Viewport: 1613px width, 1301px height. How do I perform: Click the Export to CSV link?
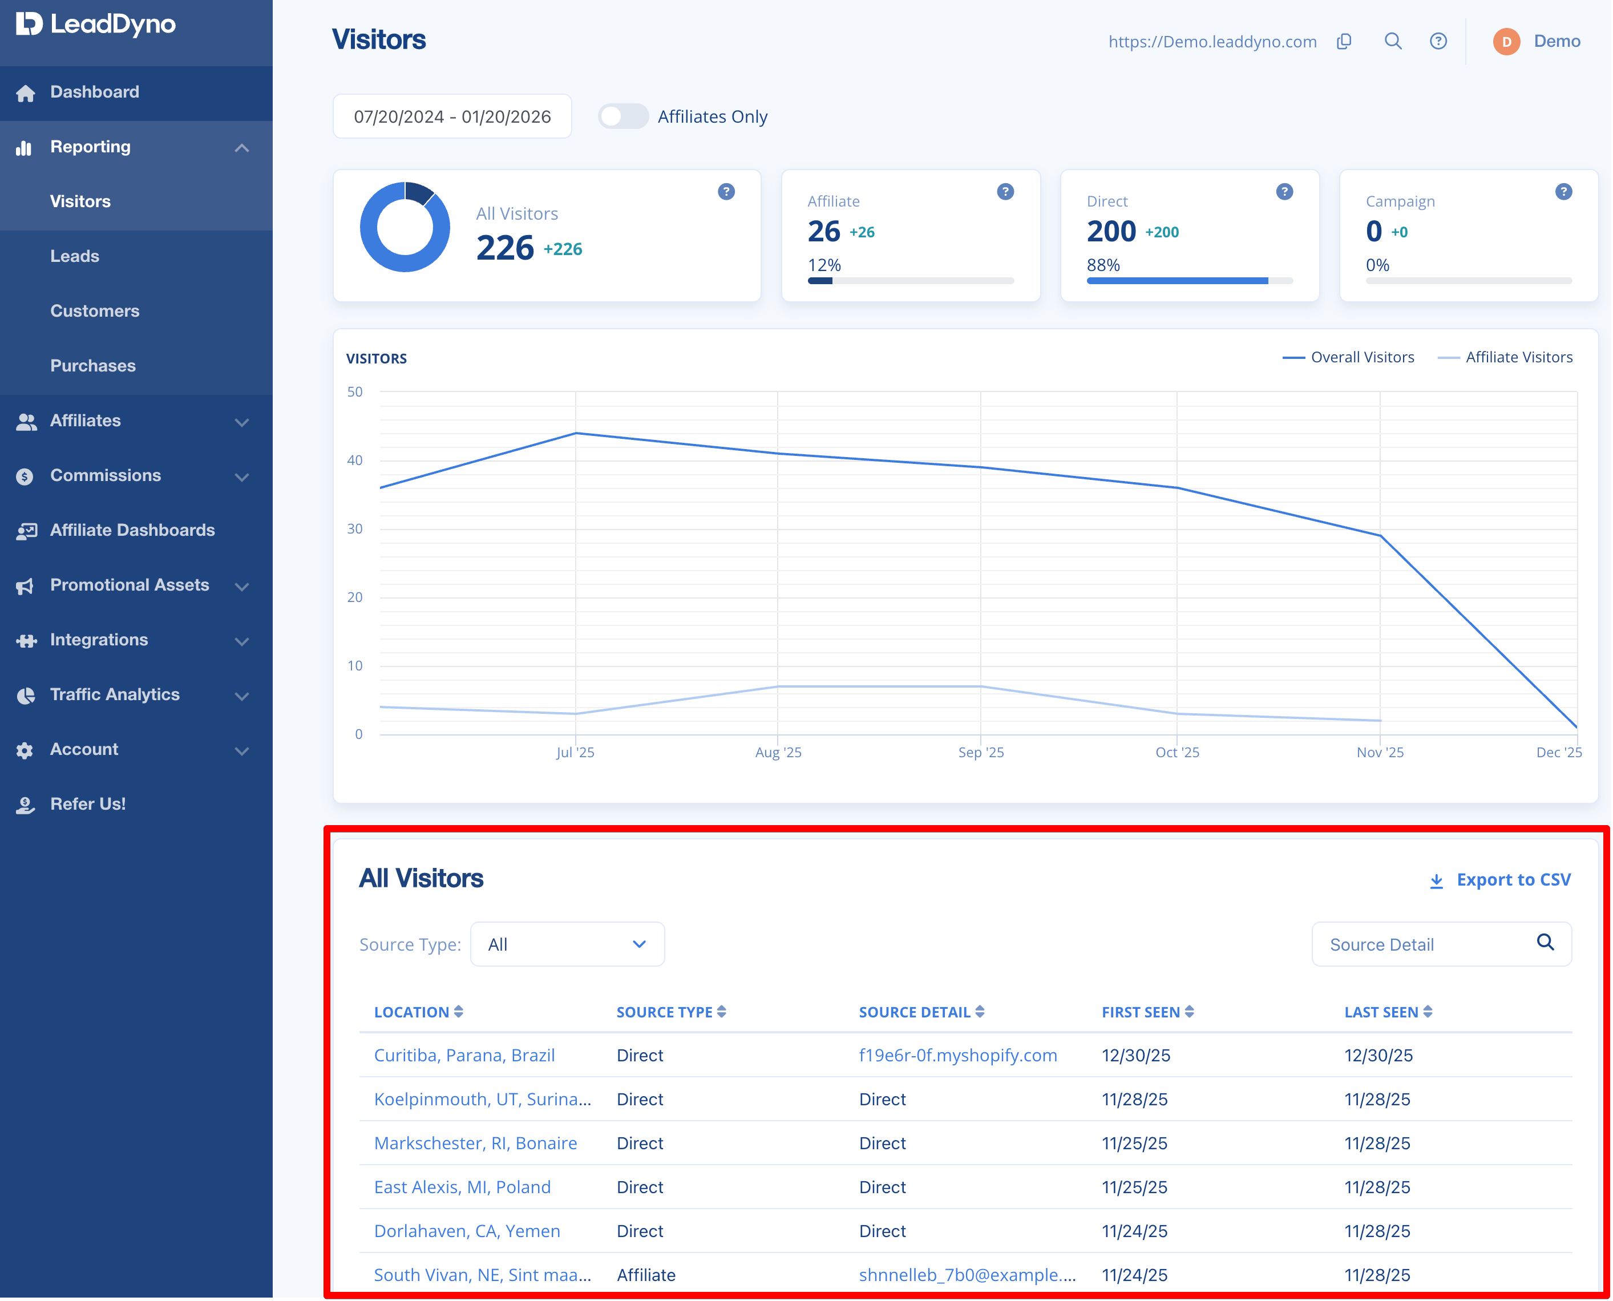point(1500,880)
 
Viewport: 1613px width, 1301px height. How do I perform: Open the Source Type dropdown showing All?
point(567,944)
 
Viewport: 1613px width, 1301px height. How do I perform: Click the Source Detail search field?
point(1441,944)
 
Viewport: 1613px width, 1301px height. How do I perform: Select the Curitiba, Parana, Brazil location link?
point(464,1055)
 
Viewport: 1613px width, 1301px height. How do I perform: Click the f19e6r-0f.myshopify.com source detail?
point(958,1055)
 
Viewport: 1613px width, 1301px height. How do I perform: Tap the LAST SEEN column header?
point(1388,1012)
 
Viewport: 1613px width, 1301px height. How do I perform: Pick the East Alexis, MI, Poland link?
point(462,1187)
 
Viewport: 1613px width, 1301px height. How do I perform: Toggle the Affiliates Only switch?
point(623,117)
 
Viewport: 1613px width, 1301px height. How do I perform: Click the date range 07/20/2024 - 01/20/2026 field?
point(452,117)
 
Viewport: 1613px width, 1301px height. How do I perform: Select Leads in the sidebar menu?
point(75,256)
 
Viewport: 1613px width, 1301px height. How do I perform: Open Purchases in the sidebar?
point(93,366)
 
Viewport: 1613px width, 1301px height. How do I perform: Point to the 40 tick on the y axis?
point(354,460)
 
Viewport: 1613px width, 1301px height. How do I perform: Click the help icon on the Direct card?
point(1284,192)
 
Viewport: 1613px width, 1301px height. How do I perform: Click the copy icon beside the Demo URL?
point(1345,41)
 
